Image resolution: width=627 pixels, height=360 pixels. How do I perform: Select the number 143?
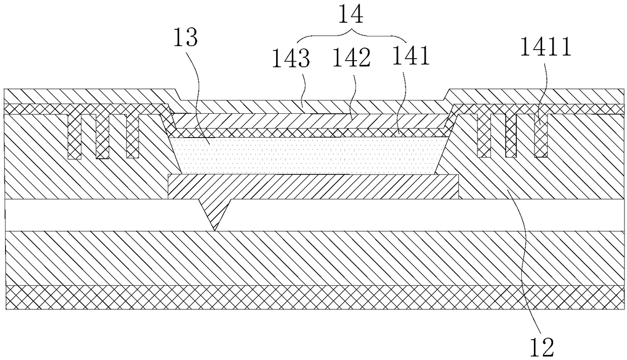[x=291, y=59]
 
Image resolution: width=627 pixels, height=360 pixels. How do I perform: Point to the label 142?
[x=351, y=59]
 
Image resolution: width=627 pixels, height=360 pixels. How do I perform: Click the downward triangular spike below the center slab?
[x=216, y=212]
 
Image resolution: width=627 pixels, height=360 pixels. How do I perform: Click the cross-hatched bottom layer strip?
[x=313, y=297]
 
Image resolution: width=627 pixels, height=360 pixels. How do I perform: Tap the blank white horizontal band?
[x=354, y=215]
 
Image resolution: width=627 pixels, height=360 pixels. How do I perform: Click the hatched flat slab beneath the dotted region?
[x=313, y=187]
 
